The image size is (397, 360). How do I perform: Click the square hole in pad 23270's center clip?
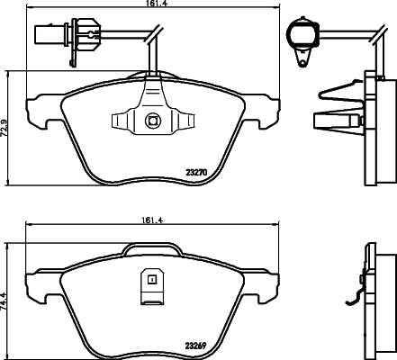[151, 119]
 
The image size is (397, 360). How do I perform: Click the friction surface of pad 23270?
[108, 144]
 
